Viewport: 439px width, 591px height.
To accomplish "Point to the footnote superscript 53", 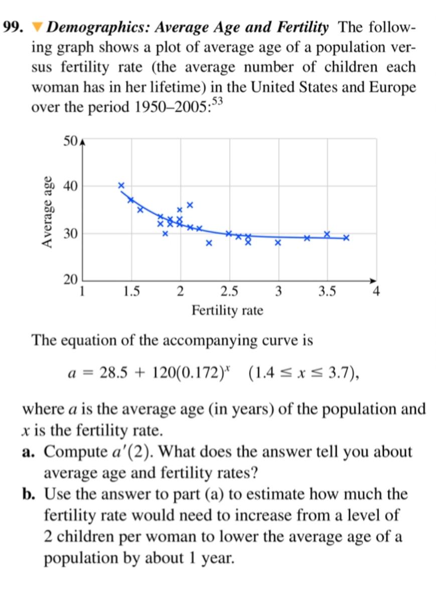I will [x=218, y=102].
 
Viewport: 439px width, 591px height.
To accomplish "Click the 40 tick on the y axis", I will [x=70, y=186].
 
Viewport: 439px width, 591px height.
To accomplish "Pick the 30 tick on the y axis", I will [x=70, y=234].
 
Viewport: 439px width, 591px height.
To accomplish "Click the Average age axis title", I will [x=48, y=212].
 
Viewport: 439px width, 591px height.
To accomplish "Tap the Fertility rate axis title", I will [x=227, y=311].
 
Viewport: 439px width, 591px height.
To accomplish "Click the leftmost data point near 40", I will [x=121, y=185].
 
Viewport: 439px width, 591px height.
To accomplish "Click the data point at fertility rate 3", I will [x=278, y=243].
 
